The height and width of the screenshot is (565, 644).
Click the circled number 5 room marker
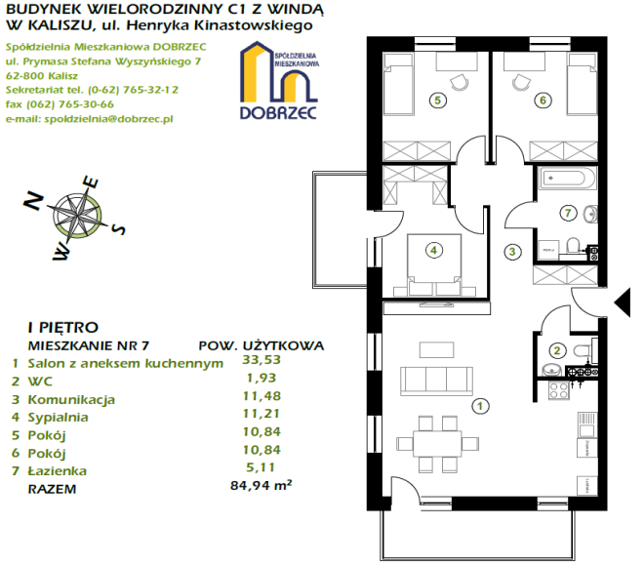click(x=437, y=101)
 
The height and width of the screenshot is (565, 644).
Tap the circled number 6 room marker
click(x=543, y=101)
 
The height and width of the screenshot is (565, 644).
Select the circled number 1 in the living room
click(x=480, y=406)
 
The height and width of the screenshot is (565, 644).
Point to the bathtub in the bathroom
click(x=564, y=179)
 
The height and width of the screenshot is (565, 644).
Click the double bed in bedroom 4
click(x=433, y=264)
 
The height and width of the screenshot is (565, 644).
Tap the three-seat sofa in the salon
click(x=436, y=381)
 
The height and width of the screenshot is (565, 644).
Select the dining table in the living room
click(x=437, y=443)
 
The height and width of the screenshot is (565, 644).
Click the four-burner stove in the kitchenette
click(x=559, y=390)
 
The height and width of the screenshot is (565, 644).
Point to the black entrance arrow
click(x=623, y=303)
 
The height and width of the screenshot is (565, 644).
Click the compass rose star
click(x=77, y=215)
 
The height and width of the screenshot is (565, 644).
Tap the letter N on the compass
click(x=34, y=201)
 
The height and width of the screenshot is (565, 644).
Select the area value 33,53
click(x=262, y=360)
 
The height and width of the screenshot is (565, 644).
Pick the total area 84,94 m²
click(x=262, y=485)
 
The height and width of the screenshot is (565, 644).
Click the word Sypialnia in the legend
click(x=58, y=418)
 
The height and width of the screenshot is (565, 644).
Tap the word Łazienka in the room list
click(x=58, y=470)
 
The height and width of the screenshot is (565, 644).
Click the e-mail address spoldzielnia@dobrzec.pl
click(x=109, y=119)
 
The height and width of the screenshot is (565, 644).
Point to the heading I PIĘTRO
click(x=63, y=327)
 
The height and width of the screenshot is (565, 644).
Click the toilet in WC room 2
click(x=583, y=351)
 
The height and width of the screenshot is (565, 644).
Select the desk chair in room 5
click(x=460, y=82)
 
